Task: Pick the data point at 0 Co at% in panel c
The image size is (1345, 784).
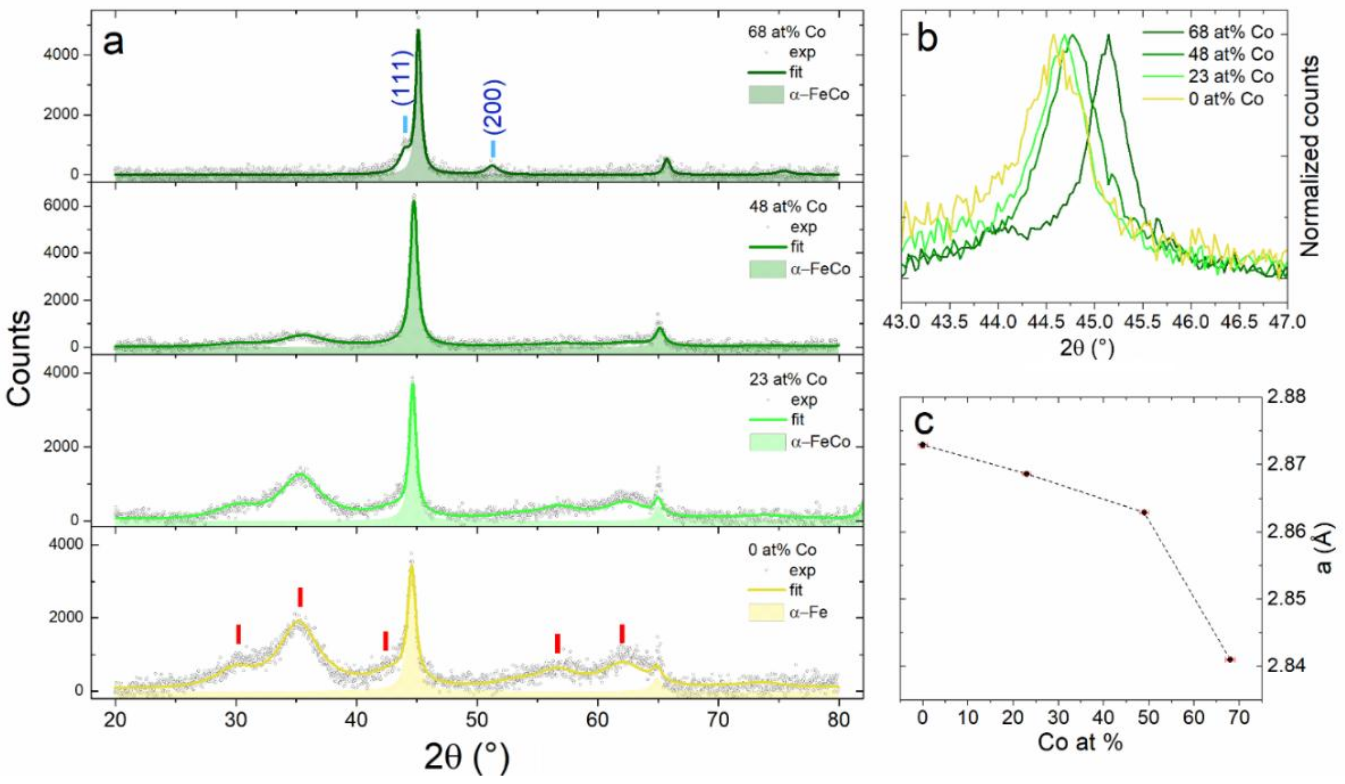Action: click(923, 445)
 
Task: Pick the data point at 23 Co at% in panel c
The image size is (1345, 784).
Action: click(1026, 474)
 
